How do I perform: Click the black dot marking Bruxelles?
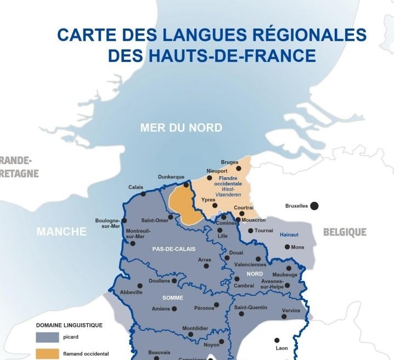[314, 206]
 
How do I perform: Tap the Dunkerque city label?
[171, 177]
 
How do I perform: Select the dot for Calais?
[143, 194]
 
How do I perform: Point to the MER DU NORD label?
[181, 128]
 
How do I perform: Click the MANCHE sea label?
[61, 232]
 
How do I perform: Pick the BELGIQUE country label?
[345, 232]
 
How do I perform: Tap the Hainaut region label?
[289, 234]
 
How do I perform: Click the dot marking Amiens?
[174, 309]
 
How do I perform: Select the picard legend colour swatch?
[47, 336]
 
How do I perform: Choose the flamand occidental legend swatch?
[47, 354]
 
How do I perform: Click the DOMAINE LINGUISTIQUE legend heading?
[69, 325]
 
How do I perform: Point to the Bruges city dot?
[238, 168]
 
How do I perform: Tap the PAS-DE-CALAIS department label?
[174, 249]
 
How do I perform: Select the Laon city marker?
[277, 340]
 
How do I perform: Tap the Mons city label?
[297, 248]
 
